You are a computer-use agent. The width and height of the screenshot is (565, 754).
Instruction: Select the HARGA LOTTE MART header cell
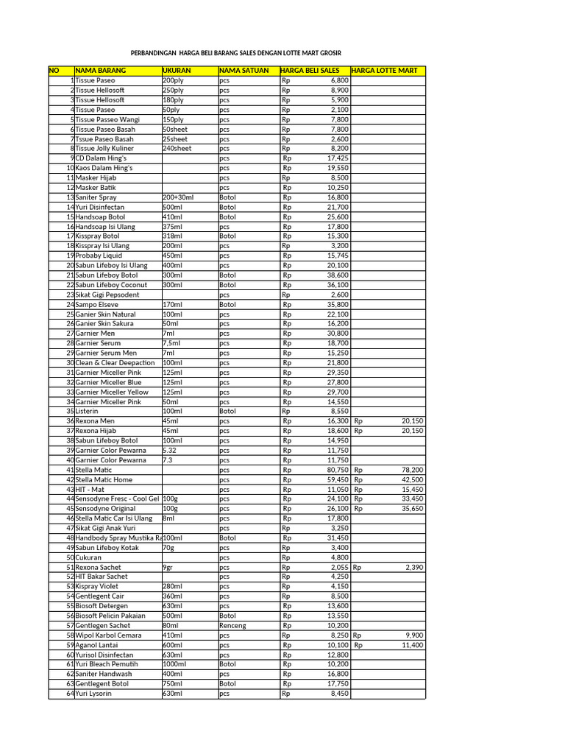[385, 71]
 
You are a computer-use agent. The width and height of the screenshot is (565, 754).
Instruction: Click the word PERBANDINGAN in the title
[154, 53]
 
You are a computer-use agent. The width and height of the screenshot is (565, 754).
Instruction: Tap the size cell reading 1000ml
[174, 664]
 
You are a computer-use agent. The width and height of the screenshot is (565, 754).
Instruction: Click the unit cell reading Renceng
[232, 625]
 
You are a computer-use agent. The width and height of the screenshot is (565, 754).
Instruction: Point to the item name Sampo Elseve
[96, 304]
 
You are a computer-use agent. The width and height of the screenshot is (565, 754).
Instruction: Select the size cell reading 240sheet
[177, 148]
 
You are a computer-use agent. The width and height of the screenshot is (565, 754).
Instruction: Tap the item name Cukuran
[88, 557]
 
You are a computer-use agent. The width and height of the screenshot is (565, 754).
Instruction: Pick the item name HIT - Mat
[90, 489]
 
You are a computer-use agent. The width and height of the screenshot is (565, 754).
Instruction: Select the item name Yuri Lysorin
[93, 694]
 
